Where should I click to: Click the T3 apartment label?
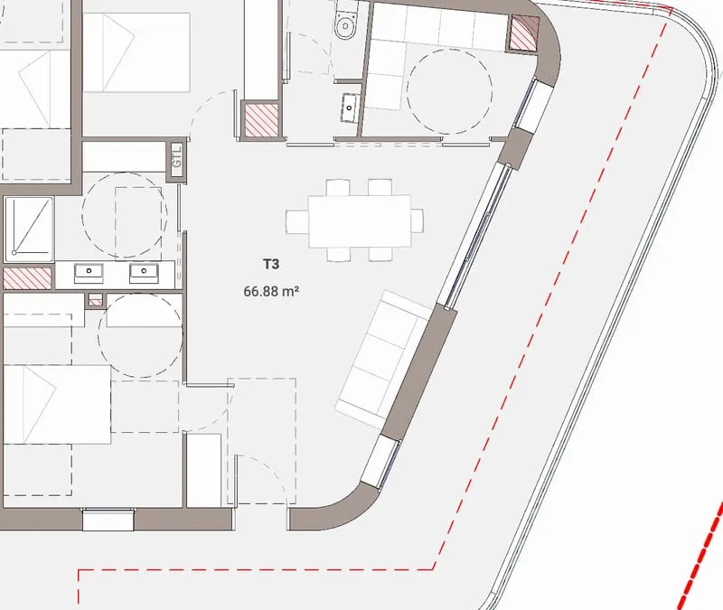[271, 264]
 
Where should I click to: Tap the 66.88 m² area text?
[272, 291]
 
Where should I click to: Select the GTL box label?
[177, 156]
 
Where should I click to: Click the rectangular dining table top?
[360, 221]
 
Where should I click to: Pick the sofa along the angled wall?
[382, 359]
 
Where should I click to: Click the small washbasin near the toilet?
[350, 108]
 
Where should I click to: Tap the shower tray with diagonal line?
[29, 228]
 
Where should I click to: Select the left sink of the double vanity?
[89, 274]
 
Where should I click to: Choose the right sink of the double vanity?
[145, 274]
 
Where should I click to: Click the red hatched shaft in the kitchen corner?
[524, 33]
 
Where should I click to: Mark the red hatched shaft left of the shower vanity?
[27, 278]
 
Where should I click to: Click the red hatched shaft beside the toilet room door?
[261, 119]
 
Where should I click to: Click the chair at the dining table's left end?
[297, 221]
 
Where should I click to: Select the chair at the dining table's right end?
[418, 221]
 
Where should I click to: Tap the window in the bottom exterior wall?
[108, 520]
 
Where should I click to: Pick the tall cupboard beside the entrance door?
[203, 470]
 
